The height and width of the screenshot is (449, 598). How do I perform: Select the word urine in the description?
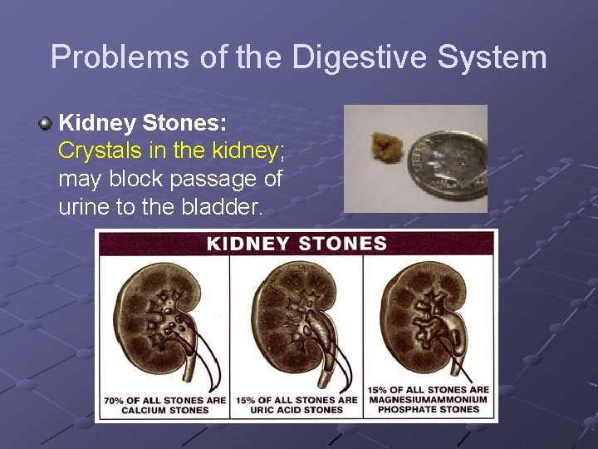(85, 206)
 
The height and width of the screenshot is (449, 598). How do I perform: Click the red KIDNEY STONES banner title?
(297, 244)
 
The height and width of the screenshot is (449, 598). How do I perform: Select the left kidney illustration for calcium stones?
(166, 324)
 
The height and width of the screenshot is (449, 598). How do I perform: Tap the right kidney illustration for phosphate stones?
(428, 324)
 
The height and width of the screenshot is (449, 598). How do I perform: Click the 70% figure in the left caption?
(115, 400)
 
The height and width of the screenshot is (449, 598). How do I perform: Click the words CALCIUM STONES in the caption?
(164, 410)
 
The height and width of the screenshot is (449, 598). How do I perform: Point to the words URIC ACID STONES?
(297, 410)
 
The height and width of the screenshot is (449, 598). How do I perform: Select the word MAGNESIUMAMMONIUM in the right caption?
(429, 400)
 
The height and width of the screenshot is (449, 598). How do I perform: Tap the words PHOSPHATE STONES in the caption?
(429, 410)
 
